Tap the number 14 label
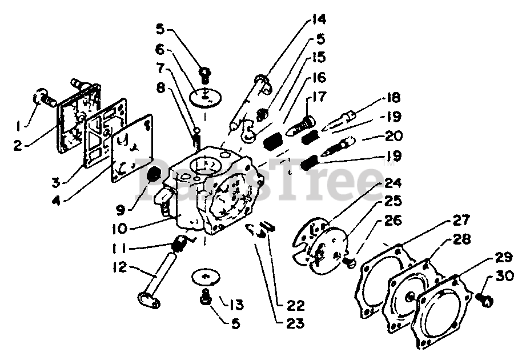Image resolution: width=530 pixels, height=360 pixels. pyautogui.click(x=318, y=19)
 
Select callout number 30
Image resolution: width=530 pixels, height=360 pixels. pyautogui.click(x=505, y=277)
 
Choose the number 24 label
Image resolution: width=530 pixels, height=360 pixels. pyautogui.click(x=393, y=184)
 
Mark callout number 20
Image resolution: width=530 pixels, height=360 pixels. pyautogui.click(x=390, y=137)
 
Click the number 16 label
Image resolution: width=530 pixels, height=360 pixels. pyautogui.click(x=318, y=77)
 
